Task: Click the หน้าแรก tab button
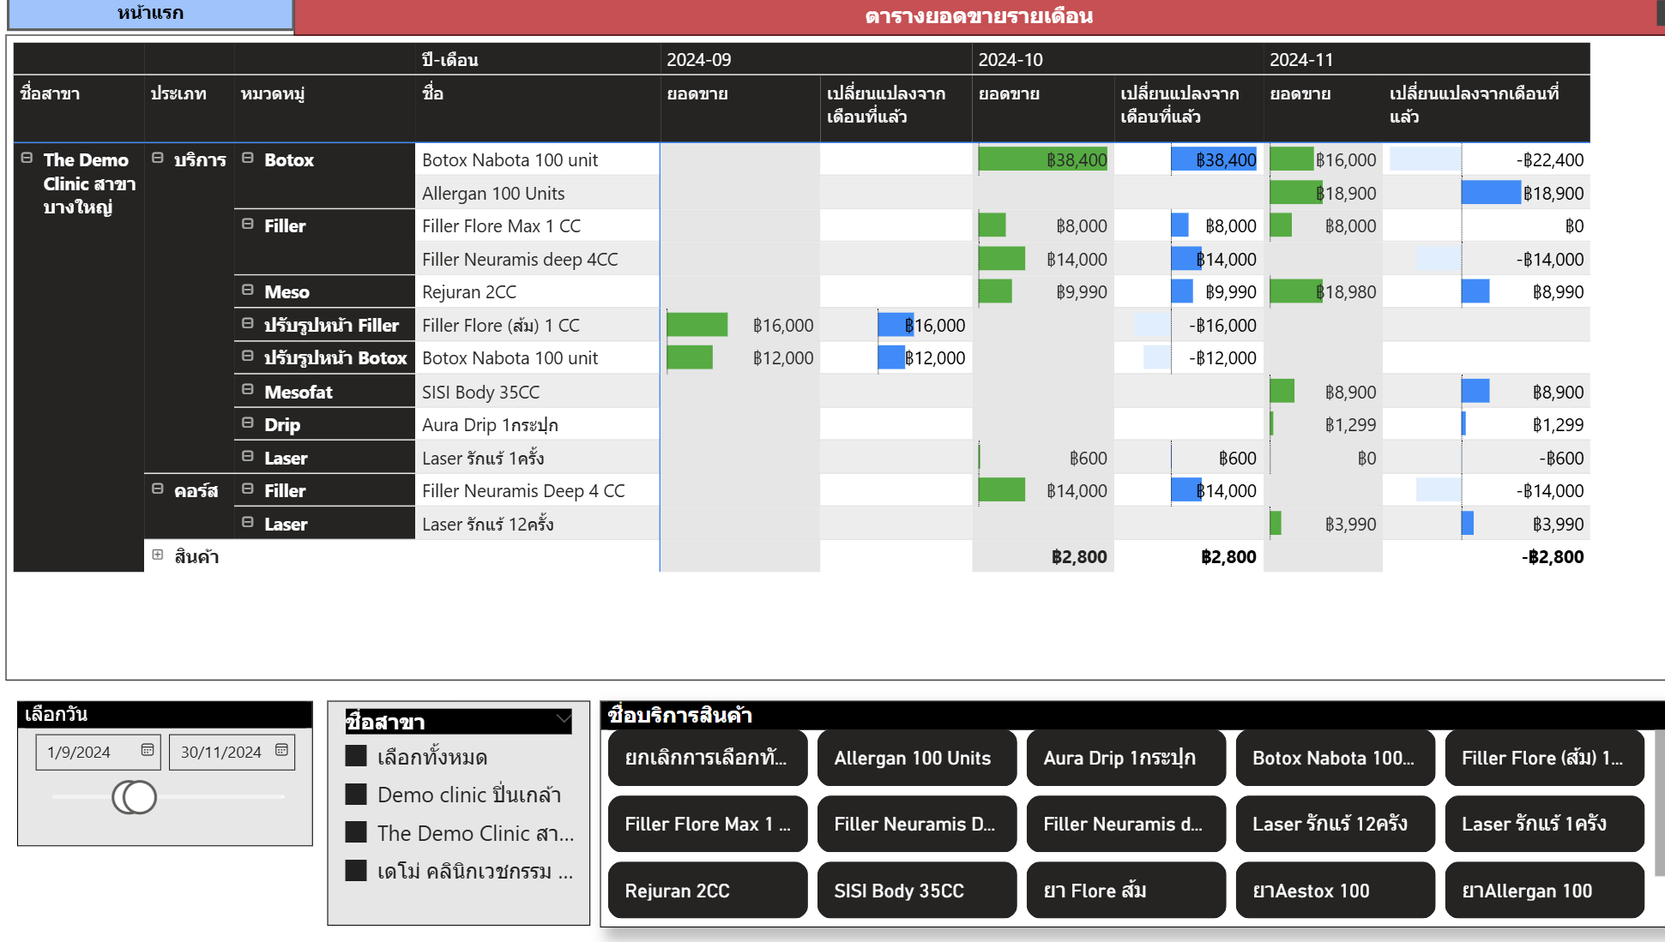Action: [149, 14]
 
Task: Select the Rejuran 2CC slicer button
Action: [707, 891]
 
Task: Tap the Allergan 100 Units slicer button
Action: [916, 758]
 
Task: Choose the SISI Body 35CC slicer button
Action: [916, 891]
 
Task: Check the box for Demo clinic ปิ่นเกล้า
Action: [356, 795]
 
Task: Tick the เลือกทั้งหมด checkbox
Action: [356, 756]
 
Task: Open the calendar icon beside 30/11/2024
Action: [281, 750]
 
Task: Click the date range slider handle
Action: [136, 797]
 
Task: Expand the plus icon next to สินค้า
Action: [158, 555]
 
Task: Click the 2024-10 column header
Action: [1010, 60]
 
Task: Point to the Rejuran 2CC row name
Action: [469, 292]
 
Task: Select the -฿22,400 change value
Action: [1549, 160]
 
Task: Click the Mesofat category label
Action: [298, 393]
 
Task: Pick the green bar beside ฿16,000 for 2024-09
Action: [697, 326]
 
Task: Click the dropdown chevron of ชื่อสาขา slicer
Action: [564, 719]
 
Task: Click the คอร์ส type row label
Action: [196, 491]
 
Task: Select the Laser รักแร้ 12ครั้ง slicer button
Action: [1334, 824]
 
